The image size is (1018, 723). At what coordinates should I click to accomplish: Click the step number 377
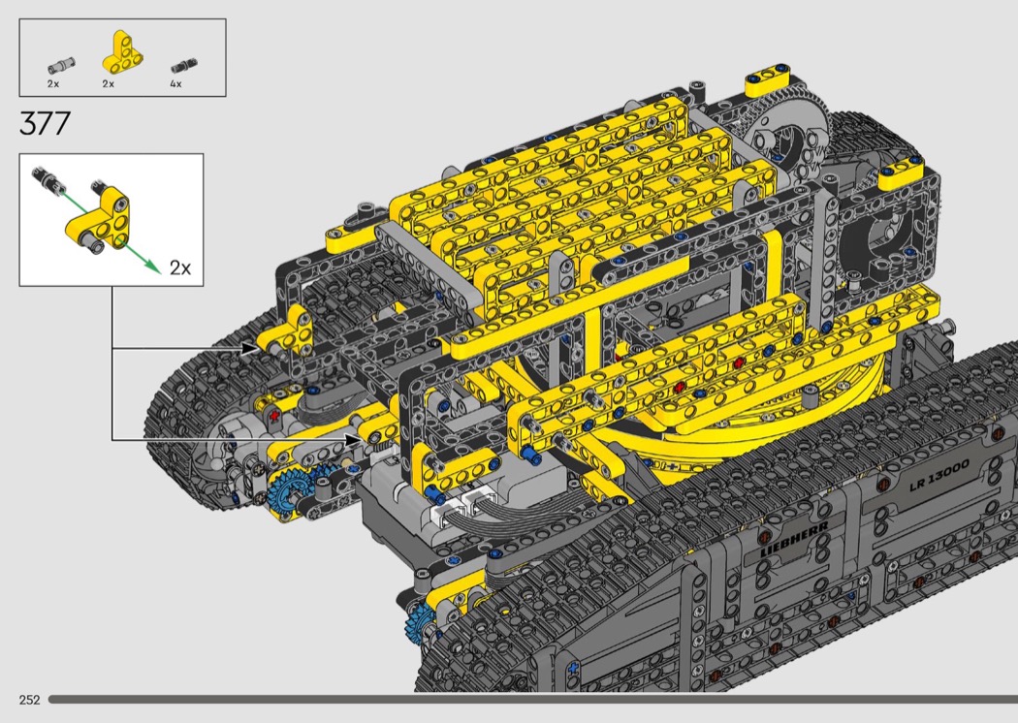[45, 123]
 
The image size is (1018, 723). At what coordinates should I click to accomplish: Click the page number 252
[30, 700]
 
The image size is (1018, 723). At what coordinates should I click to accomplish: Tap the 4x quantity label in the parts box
[175, 83]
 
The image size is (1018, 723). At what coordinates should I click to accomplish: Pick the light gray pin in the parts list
[62, 64]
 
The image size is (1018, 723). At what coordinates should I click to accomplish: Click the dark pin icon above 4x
[184, 66]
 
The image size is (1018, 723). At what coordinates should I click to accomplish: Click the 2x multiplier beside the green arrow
[180, 267]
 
